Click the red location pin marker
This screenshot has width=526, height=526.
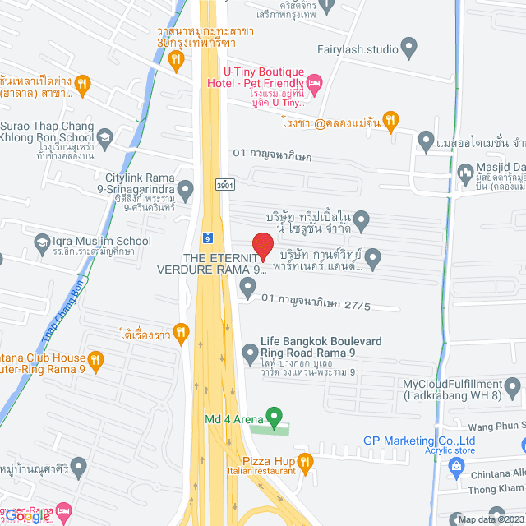click(x=262, y=247)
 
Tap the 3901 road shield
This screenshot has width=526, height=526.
click(x=224, y=186)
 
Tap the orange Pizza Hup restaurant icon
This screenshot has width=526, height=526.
click(x=305, y=462)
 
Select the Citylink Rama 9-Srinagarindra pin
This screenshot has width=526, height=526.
click(x=186, y=191)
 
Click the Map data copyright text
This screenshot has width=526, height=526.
click(x=488, y=519)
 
